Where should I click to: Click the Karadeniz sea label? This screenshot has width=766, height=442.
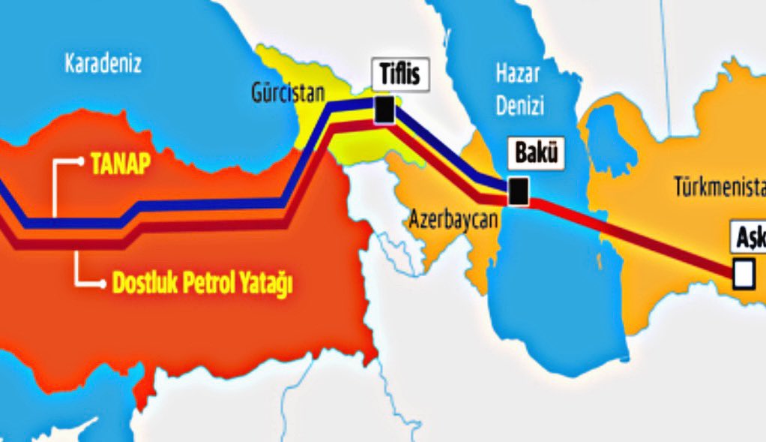[x=103, y=63]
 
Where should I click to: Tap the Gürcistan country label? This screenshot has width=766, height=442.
[x=288, y=93]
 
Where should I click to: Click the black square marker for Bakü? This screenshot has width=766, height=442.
[x=517, y=191]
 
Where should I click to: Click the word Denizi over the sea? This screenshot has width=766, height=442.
[x=519, y=107]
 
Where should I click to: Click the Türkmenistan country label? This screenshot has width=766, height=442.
[x=718, y=185]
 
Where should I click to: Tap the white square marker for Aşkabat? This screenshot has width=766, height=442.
[x=744, y=274]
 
